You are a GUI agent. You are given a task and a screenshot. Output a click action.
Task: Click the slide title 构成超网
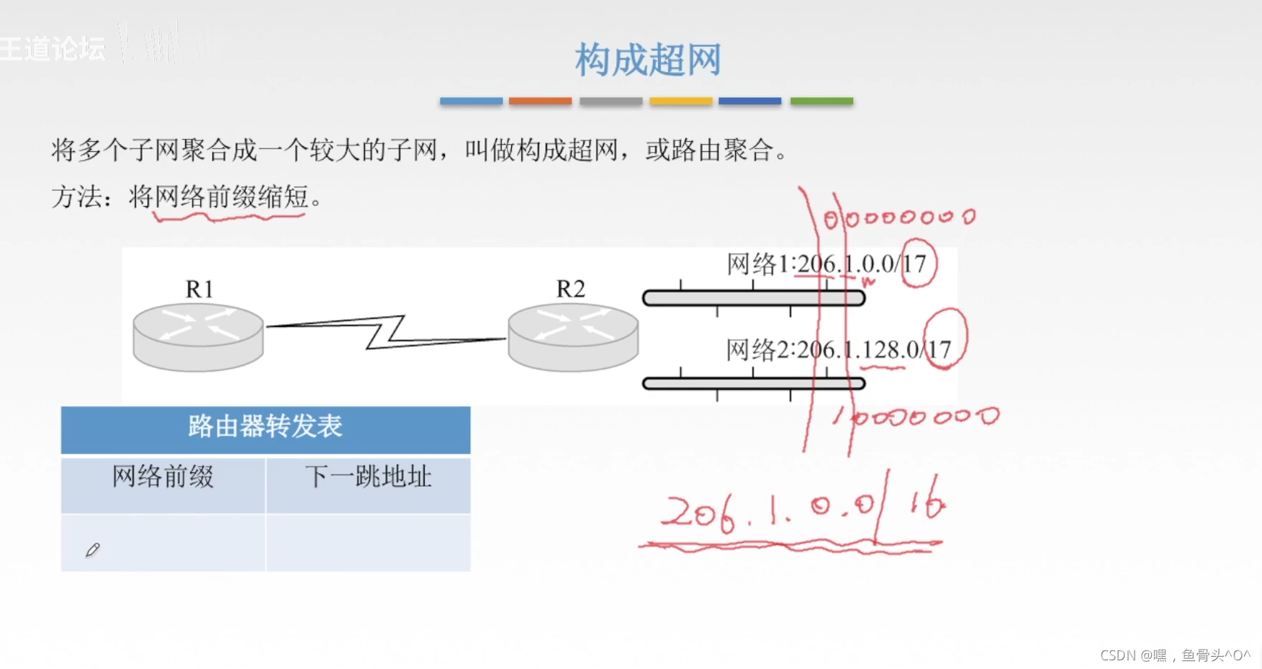647,59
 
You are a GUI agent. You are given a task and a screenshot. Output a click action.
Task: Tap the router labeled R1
198,336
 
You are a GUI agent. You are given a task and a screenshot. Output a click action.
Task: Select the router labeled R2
573,336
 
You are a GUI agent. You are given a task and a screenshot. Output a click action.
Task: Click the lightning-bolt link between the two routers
386,331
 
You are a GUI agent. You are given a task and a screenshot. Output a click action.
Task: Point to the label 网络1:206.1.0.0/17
826,264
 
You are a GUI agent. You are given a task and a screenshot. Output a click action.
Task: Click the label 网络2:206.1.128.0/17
838,350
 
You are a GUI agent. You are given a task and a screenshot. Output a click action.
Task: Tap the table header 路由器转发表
265,427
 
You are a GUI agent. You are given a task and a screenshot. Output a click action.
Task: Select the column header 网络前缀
163,477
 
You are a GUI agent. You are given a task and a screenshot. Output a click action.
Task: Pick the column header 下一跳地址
368,477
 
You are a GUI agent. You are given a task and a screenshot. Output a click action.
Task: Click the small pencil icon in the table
92,550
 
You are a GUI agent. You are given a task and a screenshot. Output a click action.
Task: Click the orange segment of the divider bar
540,102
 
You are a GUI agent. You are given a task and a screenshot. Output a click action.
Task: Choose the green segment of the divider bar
821,102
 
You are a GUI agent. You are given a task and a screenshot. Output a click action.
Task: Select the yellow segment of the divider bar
680,102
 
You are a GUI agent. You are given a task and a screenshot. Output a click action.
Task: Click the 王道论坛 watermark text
52,49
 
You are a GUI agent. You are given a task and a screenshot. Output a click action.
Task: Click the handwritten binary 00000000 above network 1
900,217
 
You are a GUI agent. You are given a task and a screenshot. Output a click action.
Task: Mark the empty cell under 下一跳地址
368,543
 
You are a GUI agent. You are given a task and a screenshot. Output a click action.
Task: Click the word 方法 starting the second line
76,197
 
